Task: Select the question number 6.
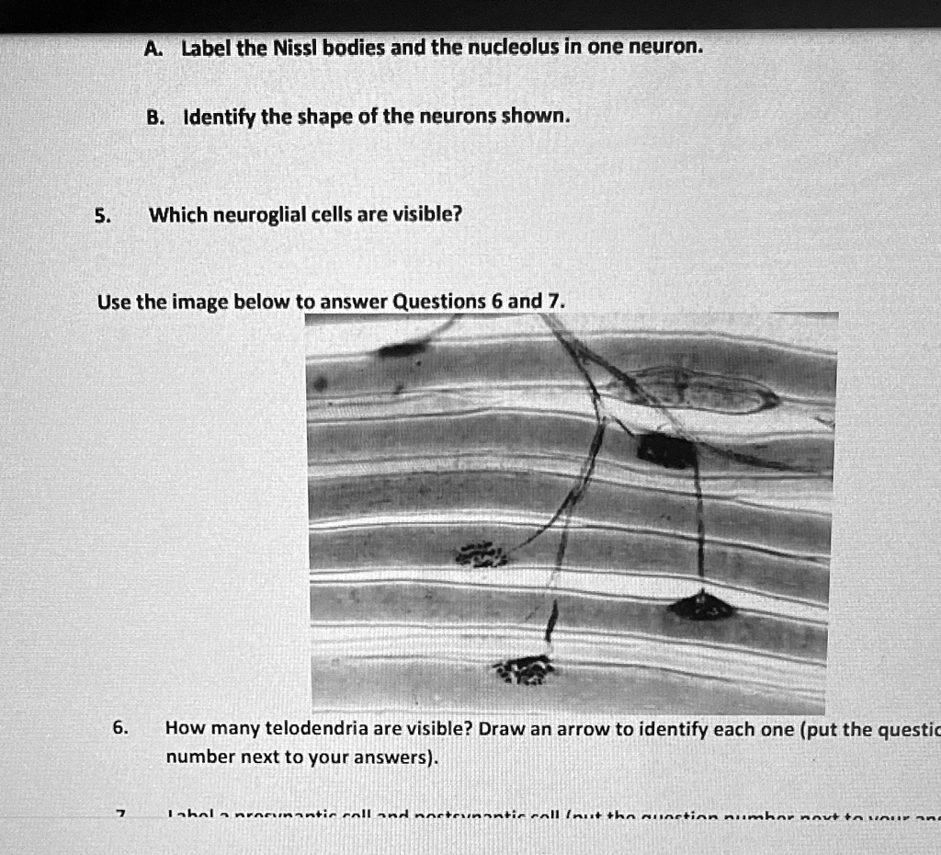[x=119, y=729]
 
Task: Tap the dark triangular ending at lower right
[x=702, y=606]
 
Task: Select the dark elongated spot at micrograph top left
[x=402, y=348]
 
